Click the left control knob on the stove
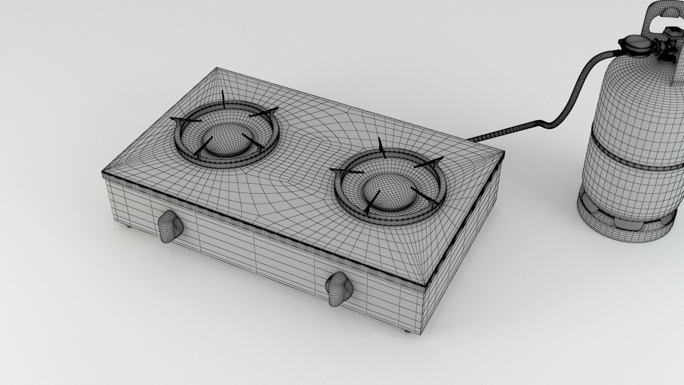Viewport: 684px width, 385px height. click(x=170, y=226)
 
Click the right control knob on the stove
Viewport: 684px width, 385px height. click(x=339, y=288)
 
